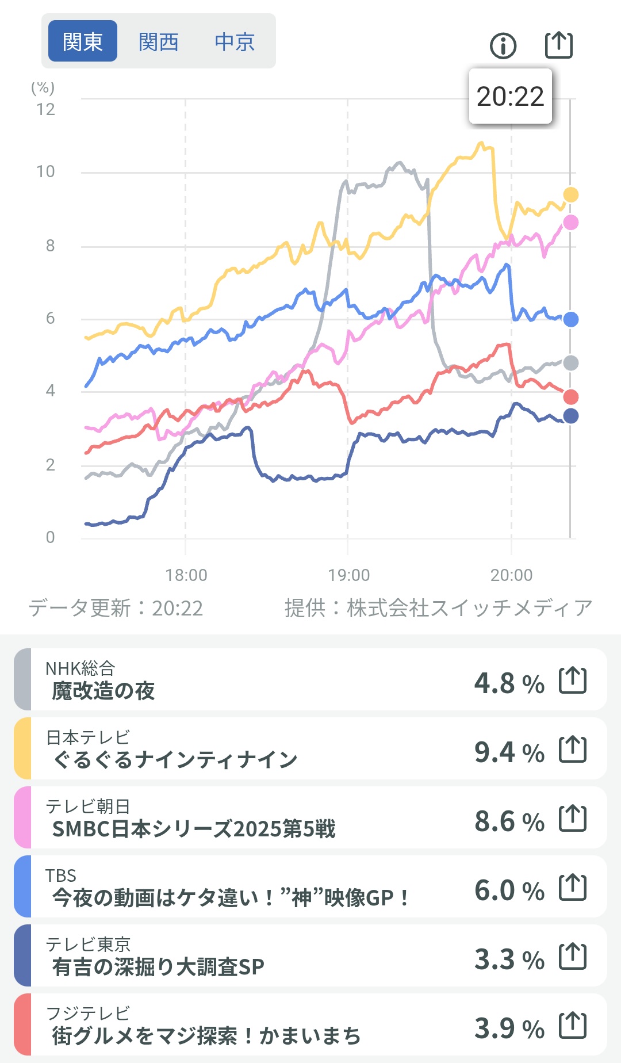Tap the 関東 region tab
click(83, 41)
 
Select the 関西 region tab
click(159, 41)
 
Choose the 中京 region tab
click(235, 41)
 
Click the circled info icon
click(503, 45)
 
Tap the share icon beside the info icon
click(559, 45)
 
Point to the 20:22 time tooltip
click(511, 96)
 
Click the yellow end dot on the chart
click(570, 195)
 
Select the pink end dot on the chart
click(570, 223)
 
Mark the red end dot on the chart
click(570, 397)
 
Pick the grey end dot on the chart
click(570, 363)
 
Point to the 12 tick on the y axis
click(46, 109)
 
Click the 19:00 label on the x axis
click(349, 575)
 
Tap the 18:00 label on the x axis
click(186, 575)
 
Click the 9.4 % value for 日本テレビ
click(509, 752)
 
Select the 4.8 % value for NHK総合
click(509, 683)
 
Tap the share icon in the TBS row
click(573, 888)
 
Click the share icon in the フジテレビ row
click(573, 1025)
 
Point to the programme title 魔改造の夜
click(103, 691)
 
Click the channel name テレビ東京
click(89, 944)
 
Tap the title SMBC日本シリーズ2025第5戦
click(194, 829)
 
